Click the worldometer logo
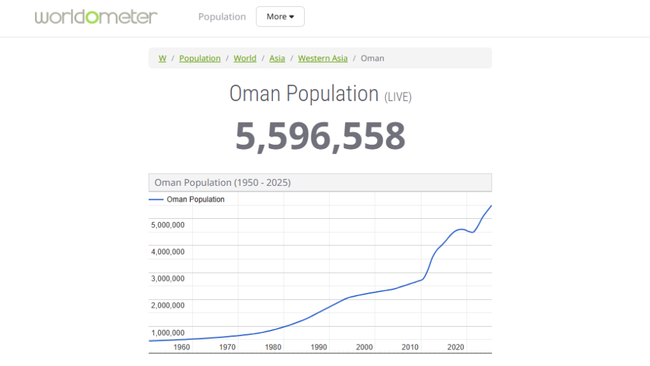pyautogui.click(x=96, y=16)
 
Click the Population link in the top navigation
pyautogui.click(x=222, y=17)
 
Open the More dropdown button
pyautogui.click(x=280, y=17)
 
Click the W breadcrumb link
pyautogui.click(x=162, y=58)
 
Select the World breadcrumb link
pyautogui.click(x=245, y=58)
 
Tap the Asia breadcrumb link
pyautogui.click(x=277, y=58)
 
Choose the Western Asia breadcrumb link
pyautogui.click(x=322, y=58)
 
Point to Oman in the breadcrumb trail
pyautogui.click(x=372, y=58)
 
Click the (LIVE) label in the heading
pyautogui.click(x=398, y=97)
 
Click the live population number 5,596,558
pyautogui.click(x=320, y=136)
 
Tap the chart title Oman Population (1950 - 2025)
pyautogui.click(x=222, y=183)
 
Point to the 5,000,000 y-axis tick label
pyautogui.click(x=168, y=225)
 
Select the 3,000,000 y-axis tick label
pyautogui.click(x=168, y=278)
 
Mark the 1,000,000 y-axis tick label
pyautogui.click(x=168, y=332)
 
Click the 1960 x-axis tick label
pyautogui.click(x=182, y=347)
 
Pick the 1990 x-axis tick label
pyautogui.click(x=319, y=347)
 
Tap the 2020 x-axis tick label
pyautogui.click(x=455, y=347)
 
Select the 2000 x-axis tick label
pyautogui.click(x=364, y=347)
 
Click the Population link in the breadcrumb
pyautogui.click(x=199, y=58)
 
